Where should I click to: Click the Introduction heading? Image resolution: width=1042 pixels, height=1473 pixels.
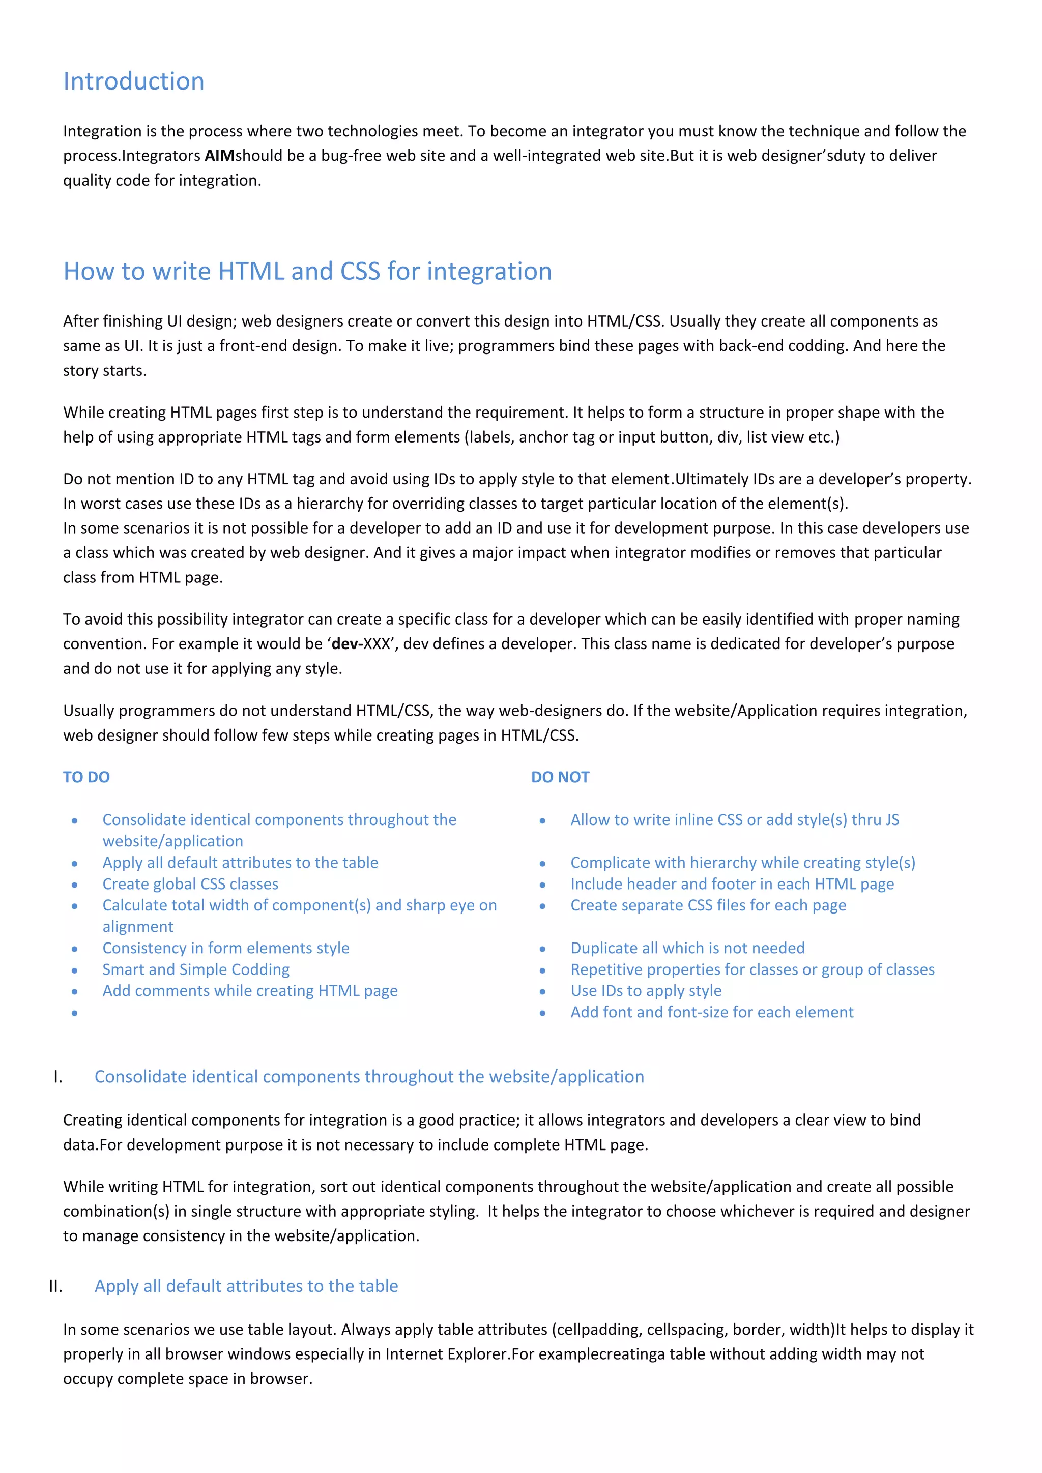(x=133, y=81)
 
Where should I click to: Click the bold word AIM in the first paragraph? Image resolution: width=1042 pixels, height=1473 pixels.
(x=219, y=156)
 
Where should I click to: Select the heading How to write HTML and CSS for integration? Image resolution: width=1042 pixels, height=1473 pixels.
(x=307, y=272)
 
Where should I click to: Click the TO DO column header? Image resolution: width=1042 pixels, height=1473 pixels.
(x=86, y=777)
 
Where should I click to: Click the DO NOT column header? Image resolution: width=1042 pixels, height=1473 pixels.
(x=560, y=777)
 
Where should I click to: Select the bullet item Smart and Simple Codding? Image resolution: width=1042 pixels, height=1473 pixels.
(x=196, y=969)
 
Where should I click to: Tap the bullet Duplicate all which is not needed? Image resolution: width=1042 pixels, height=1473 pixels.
(x=687, y=948)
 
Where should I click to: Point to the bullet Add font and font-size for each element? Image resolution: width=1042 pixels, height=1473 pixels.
(x=712, y=1012)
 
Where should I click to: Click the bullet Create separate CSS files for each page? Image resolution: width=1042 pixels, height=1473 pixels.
(x=708, y=905)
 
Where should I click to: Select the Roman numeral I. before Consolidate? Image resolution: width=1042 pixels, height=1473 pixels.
(x=57, y=1077)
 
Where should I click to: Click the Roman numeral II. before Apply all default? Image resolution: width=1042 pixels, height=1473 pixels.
(x=56, y=1286)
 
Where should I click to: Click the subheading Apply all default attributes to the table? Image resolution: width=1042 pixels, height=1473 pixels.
(x=246, y=1286)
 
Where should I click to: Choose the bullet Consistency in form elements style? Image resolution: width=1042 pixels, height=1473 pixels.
(x=226, y=948)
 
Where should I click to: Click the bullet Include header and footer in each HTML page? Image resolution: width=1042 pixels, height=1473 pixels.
(x=732, y=884)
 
